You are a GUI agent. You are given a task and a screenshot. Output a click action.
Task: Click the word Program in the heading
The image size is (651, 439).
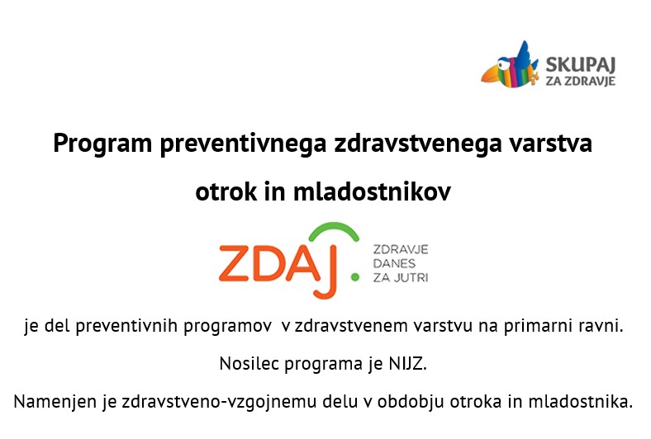click(102, 144)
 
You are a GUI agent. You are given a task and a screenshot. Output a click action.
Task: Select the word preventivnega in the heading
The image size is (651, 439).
click(243, 144)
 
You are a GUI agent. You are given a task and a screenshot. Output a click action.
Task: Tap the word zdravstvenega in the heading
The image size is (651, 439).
click(417, 144)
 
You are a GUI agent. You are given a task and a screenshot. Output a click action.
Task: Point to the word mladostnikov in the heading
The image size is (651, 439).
click(372, 192)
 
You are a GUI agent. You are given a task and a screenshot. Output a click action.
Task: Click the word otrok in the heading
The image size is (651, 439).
click(226, 192)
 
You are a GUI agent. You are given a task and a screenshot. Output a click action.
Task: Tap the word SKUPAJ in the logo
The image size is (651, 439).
click(580, 64)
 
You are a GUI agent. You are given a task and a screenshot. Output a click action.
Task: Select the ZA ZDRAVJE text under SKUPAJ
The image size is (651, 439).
click(580, 81)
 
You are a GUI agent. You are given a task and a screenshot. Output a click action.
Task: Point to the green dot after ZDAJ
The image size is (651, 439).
click(354, 277)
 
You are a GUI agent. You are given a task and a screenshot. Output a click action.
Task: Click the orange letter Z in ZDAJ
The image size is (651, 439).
click(234, 263)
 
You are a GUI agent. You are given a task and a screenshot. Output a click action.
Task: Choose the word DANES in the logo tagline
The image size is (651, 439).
click(394, 264)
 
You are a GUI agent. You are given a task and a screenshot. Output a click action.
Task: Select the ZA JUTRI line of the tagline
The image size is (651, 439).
click(400, 278)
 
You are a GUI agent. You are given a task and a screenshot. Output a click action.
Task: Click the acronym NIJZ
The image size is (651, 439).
click(407, 364)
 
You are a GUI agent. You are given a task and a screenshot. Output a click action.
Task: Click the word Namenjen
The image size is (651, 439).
click(55, 402)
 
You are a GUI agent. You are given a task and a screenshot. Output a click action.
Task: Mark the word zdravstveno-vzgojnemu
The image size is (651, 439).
click(219, 402)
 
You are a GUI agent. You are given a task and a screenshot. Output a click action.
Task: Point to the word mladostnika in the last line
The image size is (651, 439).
click(580, 402)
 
